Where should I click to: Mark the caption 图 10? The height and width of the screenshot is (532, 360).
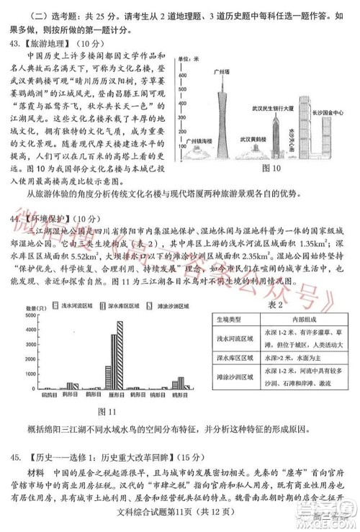[x=271, y=168]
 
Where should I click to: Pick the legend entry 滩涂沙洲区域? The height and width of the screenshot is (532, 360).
[x=189, y=306]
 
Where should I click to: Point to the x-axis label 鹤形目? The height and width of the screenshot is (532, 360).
[x=70, y=395]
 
